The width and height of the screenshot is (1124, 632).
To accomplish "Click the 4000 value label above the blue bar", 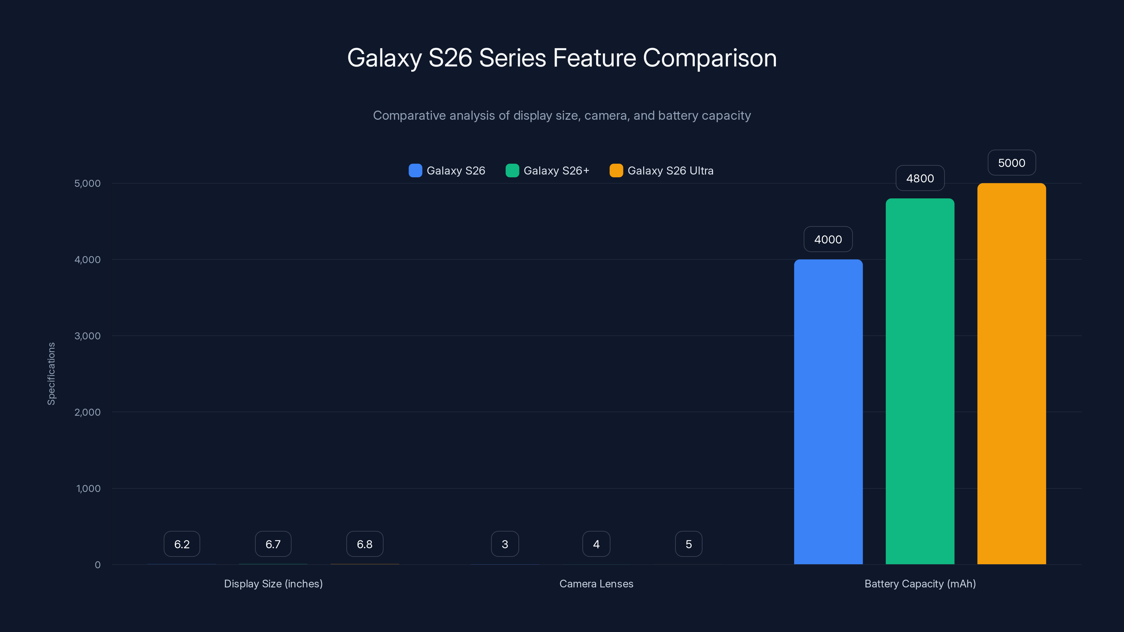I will [828, 239].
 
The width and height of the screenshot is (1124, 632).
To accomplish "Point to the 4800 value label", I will [920, 178].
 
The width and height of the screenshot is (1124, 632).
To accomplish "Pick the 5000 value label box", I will [1012, 163].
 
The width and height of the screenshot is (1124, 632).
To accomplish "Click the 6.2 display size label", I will [182, 544].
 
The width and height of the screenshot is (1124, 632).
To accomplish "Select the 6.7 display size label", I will [273, 544].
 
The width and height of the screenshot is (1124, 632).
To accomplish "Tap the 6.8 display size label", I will [364, 544].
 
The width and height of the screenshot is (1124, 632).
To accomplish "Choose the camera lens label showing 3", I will [505, 544].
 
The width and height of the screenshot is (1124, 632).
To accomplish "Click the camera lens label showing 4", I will [596, 544].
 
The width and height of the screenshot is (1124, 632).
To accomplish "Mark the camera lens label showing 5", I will [688, 544].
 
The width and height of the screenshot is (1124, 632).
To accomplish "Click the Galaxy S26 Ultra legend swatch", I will [616, 171].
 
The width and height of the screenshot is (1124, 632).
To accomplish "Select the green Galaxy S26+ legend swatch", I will [512, 171].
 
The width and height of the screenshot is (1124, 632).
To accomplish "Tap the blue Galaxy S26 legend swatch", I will [415, 171].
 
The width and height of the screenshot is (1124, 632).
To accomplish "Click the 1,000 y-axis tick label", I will [88, 488].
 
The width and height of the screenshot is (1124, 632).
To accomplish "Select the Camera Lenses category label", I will [596, 584].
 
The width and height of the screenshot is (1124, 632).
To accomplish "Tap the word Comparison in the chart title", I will [710, 58].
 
